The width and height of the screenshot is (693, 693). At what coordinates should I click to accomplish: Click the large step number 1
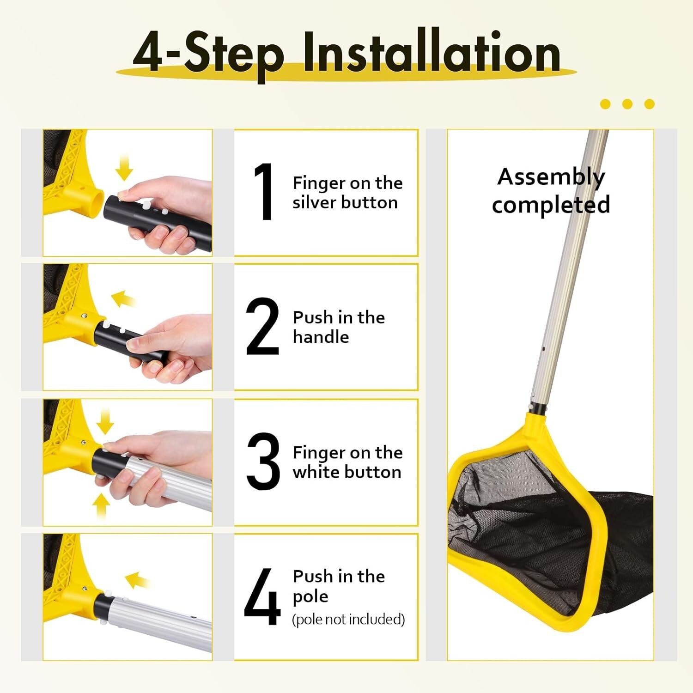point(264,191)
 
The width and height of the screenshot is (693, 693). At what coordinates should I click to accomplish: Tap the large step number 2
point(262,326)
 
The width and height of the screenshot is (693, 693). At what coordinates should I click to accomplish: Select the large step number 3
point(263,461)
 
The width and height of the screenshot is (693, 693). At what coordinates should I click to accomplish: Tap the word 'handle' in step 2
point(321,337)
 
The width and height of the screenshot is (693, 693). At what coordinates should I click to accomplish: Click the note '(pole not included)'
point(348,619)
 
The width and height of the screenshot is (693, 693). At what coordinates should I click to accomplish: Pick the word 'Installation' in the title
point(432,52)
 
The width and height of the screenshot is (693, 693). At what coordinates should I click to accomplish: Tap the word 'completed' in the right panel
point(551,205)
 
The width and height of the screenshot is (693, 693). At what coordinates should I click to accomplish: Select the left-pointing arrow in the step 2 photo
point(123,298)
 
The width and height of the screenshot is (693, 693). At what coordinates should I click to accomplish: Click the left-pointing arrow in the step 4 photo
point(137,580)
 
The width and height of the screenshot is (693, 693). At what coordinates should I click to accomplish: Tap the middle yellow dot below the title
point(627,104)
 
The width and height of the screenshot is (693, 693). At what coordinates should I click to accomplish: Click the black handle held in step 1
point(157,223)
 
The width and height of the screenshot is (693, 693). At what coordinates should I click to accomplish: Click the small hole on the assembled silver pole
point(544,349)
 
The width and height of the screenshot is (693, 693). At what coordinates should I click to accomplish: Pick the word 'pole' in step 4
point(310,596)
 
